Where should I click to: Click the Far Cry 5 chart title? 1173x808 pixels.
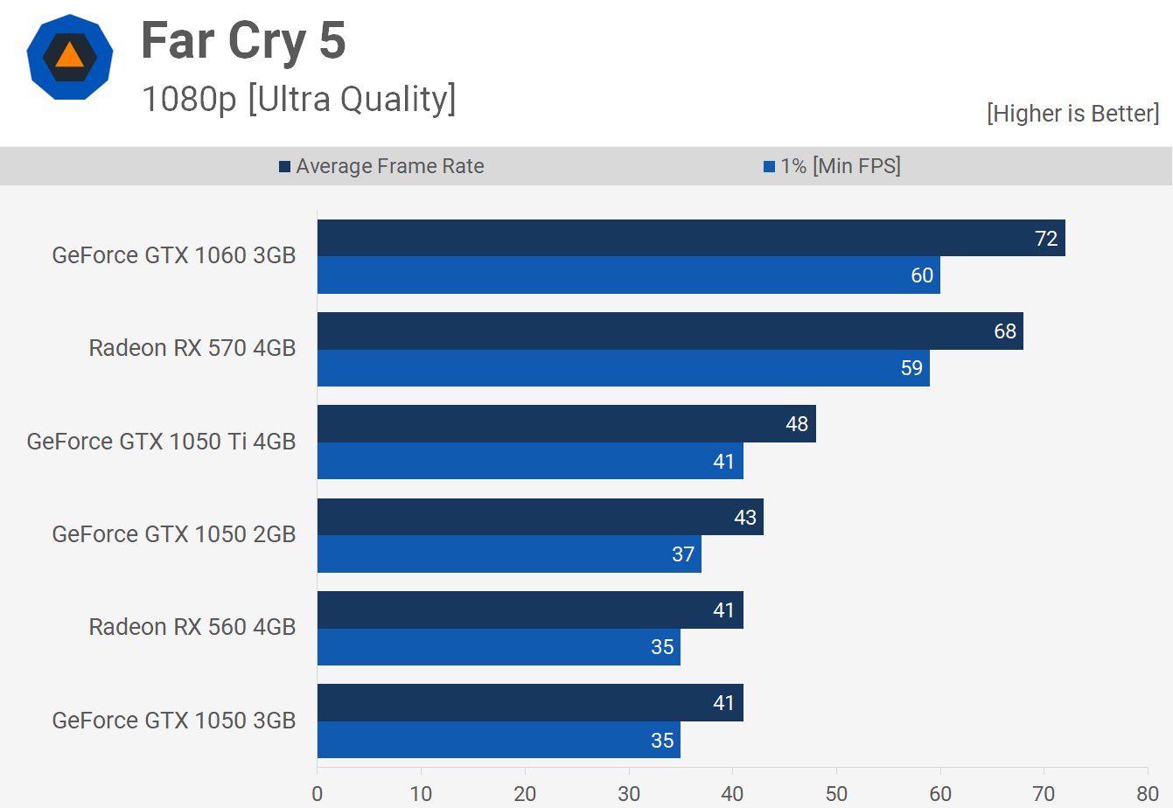pos(243,41)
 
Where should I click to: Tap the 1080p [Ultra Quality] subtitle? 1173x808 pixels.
pos(298,100)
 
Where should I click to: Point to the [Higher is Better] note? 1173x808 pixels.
pos(1072,114)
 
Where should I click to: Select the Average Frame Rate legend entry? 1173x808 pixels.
pos(381,166)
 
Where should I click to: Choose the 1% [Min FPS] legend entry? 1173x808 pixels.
pos(832,166)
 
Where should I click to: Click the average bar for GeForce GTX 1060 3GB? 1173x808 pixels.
pos(691,238)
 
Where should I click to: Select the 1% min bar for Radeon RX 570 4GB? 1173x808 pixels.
pos(623,368)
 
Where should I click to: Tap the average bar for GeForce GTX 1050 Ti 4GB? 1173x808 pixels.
pos(566,424)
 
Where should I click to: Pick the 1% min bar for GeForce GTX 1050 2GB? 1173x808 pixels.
pos(509,554)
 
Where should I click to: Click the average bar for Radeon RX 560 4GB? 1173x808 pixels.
pos(530,610)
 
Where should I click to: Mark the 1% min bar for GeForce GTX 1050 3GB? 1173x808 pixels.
pos(499,740)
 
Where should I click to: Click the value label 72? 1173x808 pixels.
pos(1046,239)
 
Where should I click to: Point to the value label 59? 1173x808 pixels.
pos(911,368)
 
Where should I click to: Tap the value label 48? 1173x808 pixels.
pos(797,424)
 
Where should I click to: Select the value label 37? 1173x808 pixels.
pos(683,554)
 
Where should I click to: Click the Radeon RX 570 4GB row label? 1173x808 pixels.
pos(192,348)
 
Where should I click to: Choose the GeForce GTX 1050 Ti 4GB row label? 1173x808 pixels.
pos(162,442)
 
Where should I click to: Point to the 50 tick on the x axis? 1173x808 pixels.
pos(836,794)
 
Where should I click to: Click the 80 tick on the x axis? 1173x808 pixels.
pos(1148,794)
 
